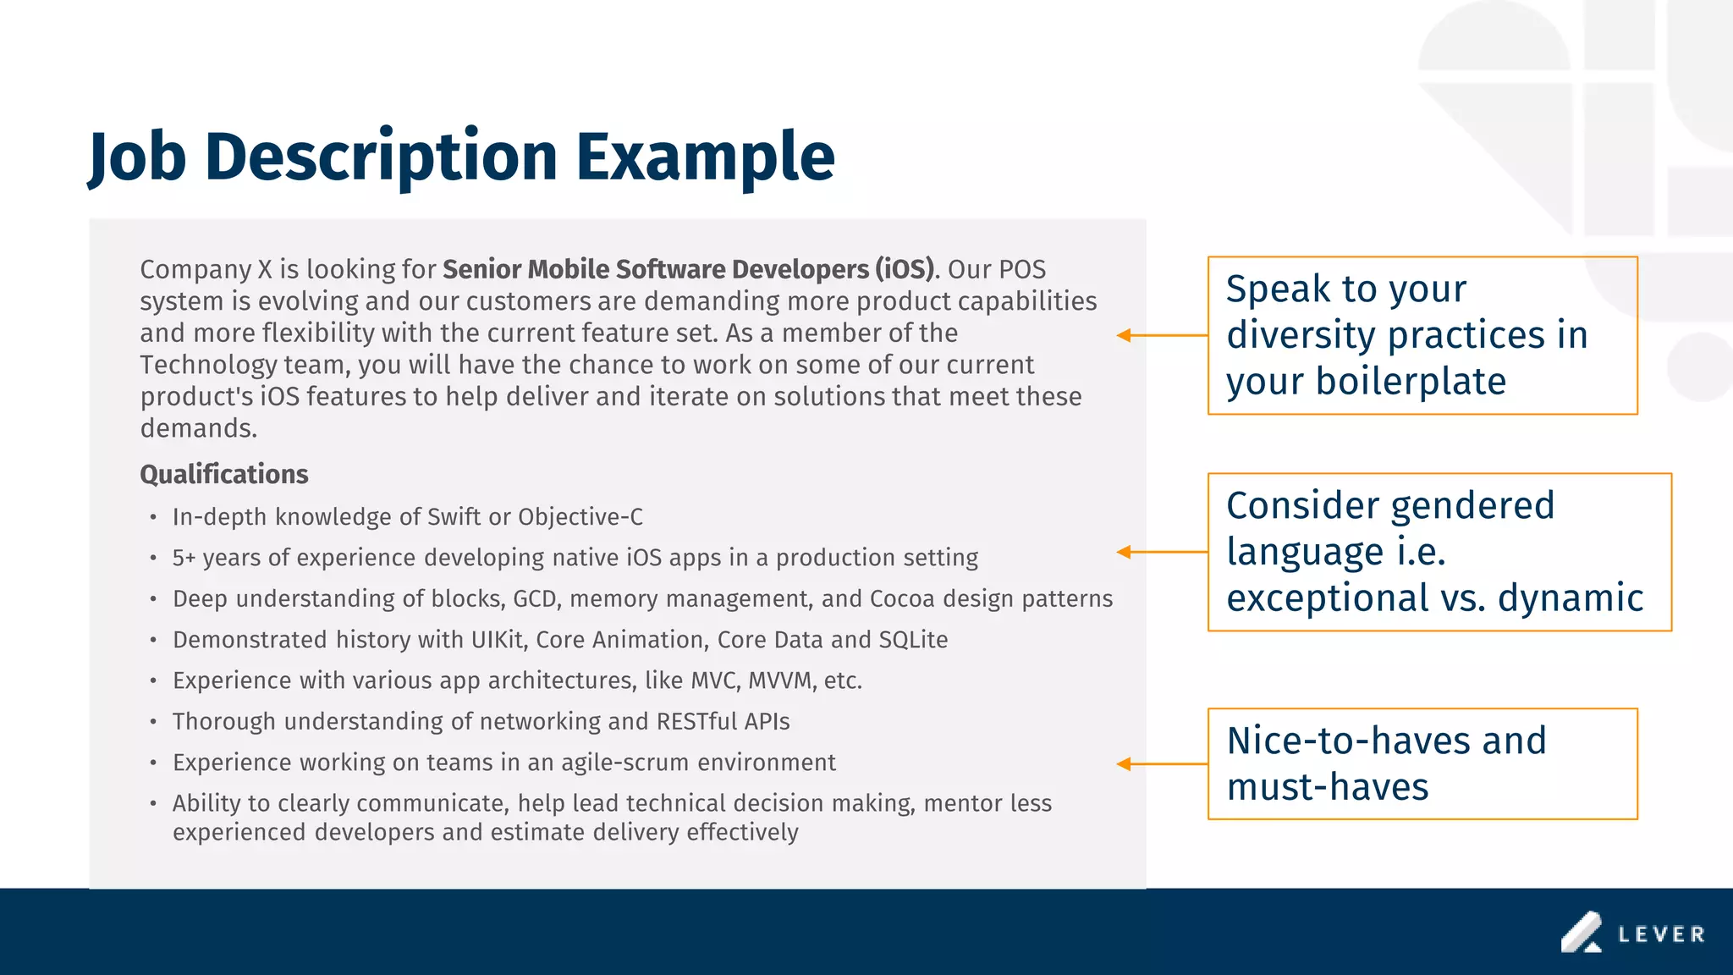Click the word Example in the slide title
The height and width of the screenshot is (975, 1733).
705,157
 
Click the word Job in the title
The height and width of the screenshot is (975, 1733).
138,157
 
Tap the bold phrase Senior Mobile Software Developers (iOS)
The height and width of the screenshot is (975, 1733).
689,269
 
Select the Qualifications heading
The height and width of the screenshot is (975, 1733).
223,474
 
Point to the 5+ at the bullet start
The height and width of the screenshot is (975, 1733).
184,558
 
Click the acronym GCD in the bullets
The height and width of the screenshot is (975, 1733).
536,599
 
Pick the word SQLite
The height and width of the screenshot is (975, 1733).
913,640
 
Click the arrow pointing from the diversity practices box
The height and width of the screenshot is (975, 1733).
1161,336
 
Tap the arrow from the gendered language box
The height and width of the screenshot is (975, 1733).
1161,552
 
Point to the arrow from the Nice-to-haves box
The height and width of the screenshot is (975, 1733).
1161,764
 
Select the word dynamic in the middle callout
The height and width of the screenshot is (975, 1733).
1570,598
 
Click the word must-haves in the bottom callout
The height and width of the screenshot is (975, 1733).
1327,787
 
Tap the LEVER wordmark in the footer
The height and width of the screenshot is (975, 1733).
1661,934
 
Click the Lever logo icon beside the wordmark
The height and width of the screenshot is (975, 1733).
1582,932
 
